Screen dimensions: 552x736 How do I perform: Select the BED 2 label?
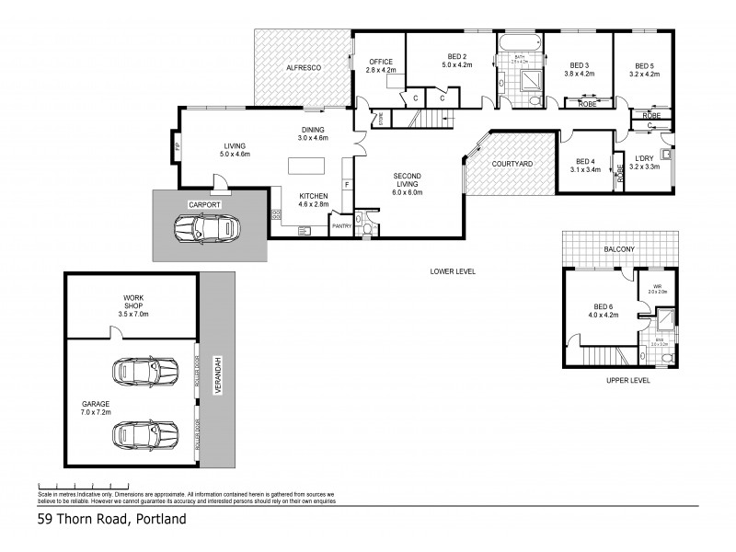(456, 61)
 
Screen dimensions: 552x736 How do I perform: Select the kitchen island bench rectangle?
(308, 167)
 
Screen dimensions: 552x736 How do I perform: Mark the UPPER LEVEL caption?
(624, 380)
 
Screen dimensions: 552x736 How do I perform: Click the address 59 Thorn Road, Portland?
(111, 519)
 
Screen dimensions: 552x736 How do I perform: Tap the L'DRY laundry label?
(644, 162)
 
